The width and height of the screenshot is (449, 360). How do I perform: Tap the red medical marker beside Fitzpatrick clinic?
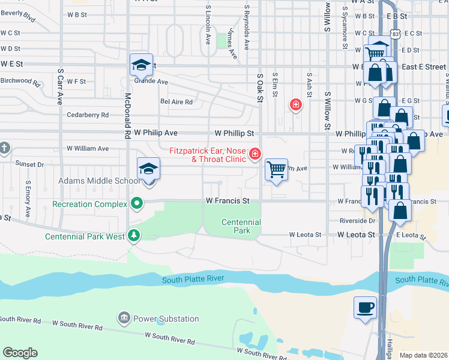pyautogui.click(x=255, y=154)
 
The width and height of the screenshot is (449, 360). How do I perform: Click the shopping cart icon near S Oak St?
pyautogui.click(x=276, y=170)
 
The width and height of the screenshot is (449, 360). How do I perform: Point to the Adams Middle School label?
pyautogui.click(x=98, y=181)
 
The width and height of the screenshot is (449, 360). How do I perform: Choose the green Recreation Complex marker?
pyautogui.click(x=137, y=204)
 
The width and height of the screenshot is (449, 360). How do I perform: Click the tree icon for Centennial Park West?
pyautogui.click(x=134, y=236)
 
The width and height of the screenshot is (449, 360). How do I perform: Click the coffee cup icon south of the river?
pyautogui.click(x=365, y=308)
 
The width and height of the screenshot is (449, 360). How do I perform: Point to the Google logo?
pyautogui.click(x=20, y=353)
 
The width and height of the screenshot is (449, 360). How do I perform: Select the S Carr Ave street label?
pyautogui.click(x=60, y=87)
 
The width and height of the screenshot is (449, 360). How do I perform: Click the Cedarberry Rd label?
pyautogui.click(x=88, y=115)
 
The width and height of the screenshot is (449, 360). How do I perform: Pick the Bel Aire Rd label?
pyautogui.click(x=176, y=102)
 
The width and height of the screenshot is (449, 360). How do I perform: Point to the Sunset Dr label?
pyautogui.click(x=30, y=164)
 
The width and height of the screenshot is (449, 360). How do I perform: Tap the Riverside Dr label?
pyautogui.click(x=357, y=221)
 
